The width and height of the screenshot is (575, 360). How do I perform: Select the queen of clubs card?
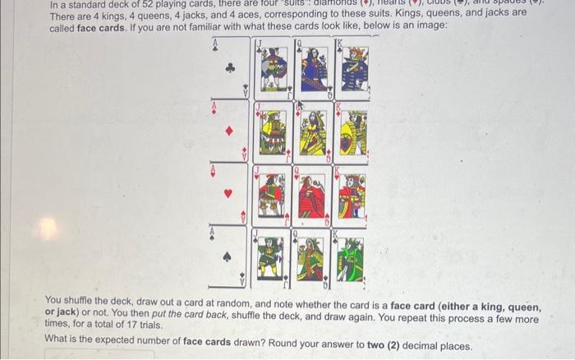point(312,67)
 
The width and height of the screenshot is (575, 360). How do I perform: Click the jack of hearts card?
point(273,196)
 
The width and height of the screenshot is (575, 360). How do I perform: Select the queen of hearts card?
point(312,196)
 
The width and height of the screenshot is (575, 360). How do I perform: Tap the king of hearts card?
point(352,196)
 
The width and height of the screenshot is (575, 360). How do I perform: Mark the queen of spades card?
point(312,256)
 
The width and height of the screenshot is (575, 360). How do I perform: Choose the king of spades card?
point(352,256)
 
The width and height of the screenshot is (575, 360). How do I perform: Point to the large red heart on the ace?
point(230,195)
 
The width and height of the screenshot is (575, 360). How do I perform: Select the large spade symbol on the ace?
point(230,256)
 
